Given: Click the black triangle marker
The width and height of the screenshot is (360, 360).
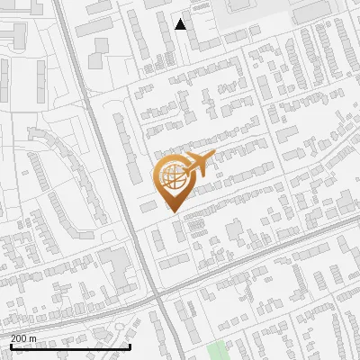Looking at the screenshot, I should pyautogui.click(x=181, y=24).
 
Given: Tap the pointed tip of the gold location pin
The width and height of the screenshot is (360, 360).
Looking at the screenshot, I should pyautogui.click(x=173, y=211).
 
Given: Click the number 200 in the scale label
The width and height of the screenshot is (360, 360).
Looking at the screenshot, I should pyautogui.click(x=20, y=338).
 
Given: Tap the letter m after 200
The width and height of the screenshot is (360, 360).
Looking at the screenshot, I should pyautogui.click(x=32, y=338).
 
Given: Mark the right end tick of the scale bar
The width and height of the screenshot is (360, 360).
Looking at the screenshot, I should pyautogui.click(x=130, y=346).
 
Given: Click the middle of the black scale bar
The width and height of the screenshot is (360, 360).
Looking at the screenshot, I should pyautogui.click(x=69, y=346).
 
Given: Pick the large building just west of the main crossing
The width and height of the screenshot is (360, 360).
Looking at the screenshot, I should pyautogui.click(x=115, y=265).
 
